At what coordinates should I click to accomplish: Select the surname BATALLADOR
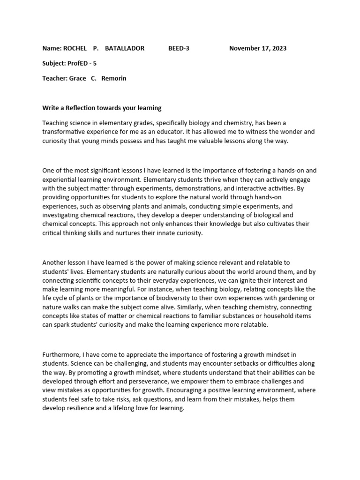click(x=125, y=48)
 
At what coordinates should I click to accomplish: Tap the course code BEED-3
click(x=179, y=48)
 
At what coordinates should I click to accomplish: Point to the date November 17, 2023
click(x=258, y=48)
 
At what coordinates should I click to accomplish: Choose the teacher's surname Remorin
click(x=114, y=78)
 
